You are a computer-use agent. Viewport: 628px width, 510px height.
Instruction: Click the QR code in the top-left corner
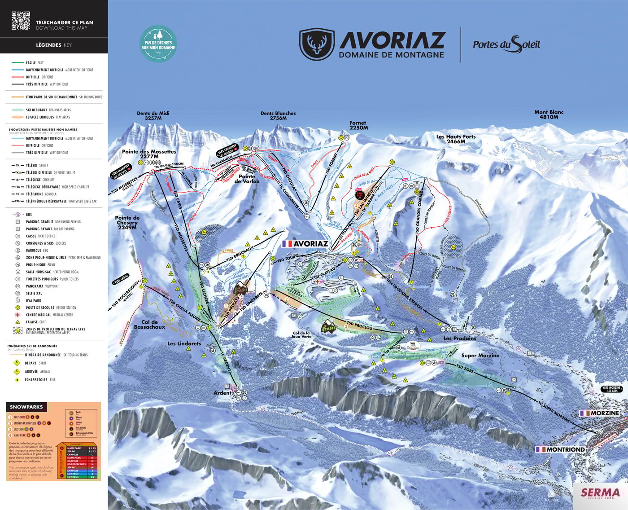pos(21,21)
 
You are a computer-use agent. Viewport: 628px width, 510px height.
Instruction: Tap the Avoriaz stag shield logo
pos(317,44)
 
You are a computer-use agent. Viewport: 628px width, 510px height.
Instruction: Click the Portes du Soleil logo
pos(506,44)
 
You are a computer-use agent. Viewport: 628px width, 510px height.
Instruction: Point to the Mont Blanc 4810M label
pos(549,114)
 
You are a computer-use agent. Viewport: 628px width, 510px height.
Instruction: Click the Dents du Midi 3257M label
pos(153,116)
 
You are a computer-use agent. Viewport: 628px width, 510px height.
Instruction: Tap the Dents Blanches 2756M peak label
pos(278,116)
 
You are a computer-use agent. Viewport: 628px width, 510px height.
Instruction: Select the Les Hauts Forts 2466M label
pos(456,139)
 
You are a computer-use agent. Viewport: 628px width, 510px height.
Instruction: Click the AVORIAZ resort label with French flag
pos(306,244)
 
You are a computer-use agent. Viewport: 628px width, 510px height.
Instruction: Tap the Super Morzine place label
pos(480,356)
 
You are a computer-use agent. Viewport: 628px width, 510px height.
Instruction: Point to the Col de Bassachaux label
pos(149,325)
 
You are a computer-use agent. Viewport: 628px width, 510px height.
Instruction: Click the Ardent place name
pos(222,393)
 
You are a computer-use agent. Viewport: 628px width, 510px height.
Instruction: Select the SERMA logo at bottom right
pos(600,493)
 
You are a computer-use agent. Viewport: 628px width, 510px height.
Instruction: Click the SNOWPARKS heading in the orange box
pos(26,407)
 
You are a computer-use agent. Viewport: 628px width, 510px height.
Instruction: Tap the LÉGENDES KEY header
pos(53,45)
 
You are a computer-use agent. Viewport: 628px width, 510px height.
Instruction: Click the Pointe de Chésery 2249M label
pos(127,222)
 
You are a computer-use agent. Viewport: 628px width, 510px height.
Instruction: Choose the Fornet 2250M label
pos(358,125)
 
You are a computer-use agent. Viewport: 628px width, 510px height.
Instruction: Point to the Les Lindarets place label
pos(184,343)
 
